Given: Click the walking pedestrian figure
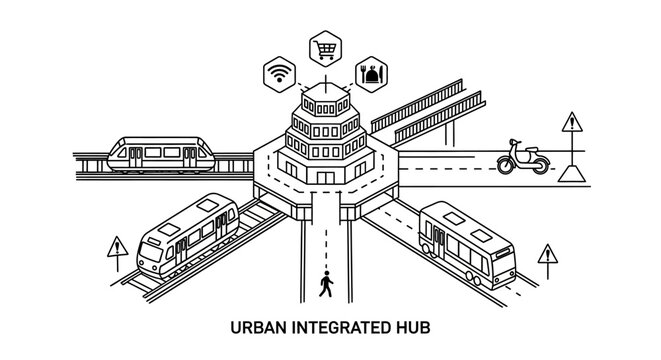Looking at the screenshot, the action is click(x=324, y=285).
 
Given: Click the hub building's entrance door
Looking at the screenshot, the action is click(x=325, y=176).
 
